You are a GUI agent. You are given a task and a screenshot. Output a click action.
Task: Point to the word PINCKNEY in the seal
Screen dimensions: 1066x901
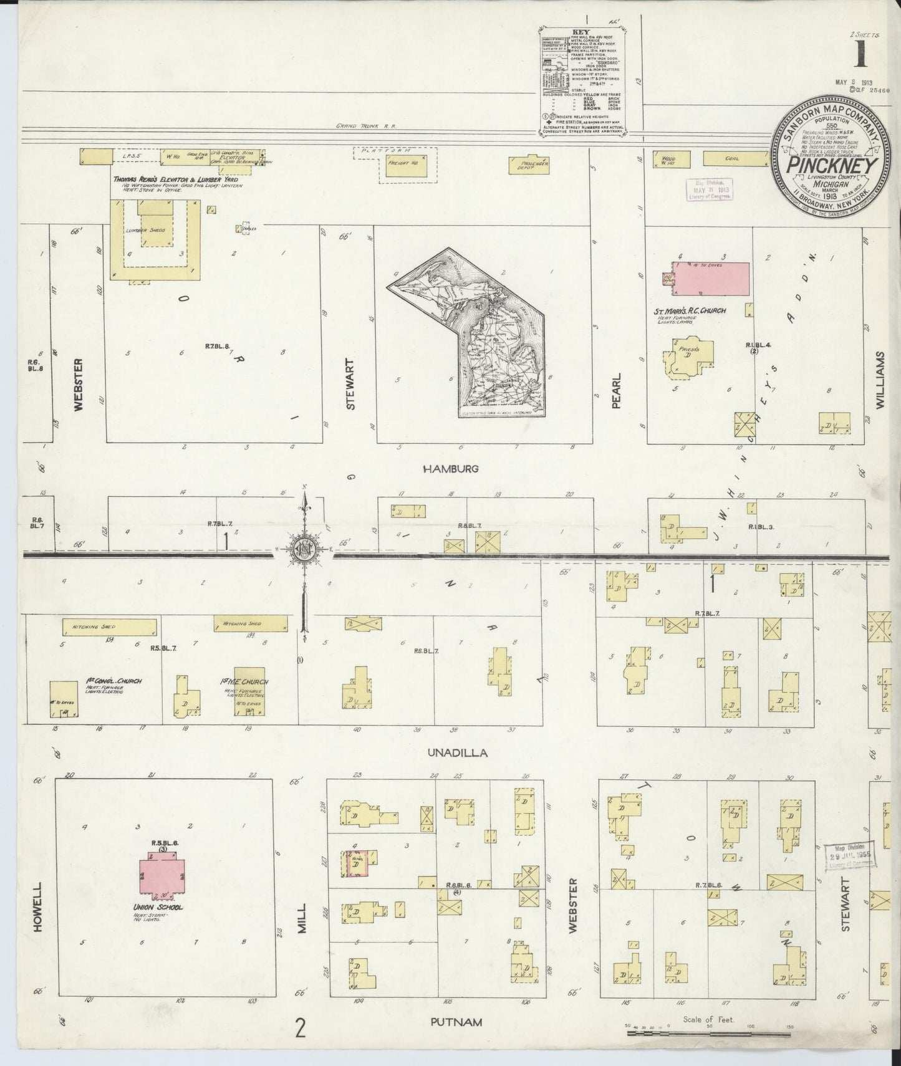point(832,166)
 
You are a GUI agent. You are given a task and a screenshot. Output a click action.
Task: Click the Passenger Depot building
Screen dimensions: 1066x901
point(531,163)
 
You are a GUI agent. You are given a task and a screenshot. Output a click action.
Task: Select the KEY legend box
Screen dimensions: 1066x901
point(584,79)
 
